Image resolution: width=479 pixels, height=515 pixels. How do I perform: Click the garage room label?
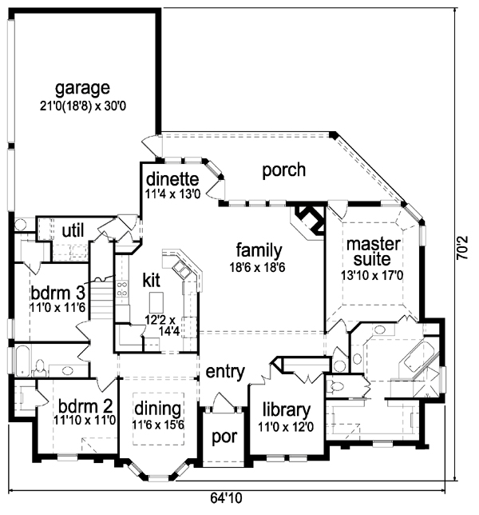pos(82,87)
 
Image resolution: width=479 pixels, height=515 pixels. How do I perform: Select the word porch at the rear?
pos(283,169)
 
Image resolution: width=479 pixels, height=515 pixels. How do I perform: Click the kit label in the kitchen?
pos(152,280)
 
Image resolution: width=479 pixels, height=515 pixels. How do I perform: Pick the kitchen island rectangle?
pos(156,301)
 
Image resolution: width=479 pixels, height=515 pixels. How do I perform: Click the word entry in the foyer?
pos(225,372)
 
